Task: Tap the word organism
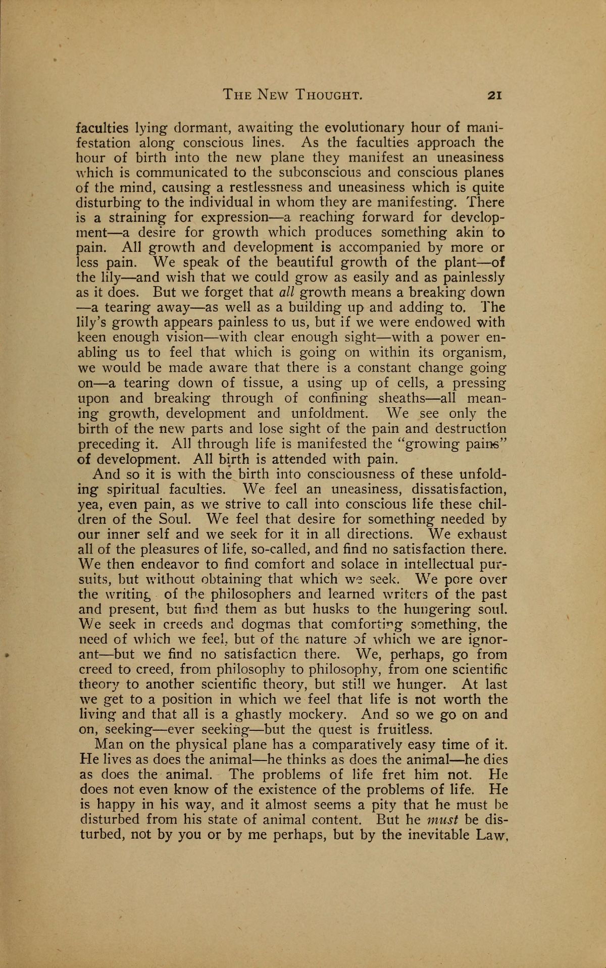[x=475, y=353]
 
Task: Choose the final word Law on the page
[x=490, y=835]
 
